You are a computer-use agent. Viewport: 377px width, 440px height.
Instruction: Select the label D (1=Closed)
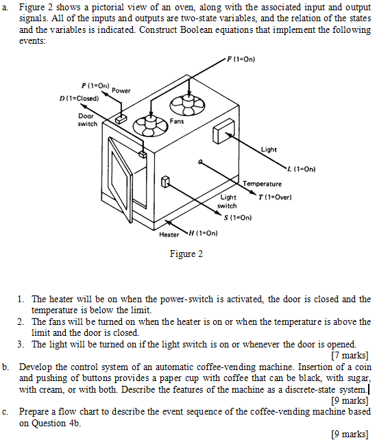pos(80,98)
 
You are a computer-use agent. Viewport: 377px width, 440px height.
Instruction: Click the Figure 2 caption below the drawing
pos(186,254)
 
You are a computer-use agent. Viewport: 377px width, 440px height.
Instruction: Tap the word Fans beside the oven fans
pos(177,121)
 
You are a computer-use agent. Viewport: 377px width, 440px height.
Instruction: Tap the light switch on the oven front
pos(165,182)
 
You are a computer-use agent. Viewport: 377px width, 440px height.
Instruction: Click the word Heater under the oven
pos(169,234)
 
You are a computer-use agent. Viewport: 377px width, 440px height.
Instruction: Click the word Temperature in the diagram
pos(263,184)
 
